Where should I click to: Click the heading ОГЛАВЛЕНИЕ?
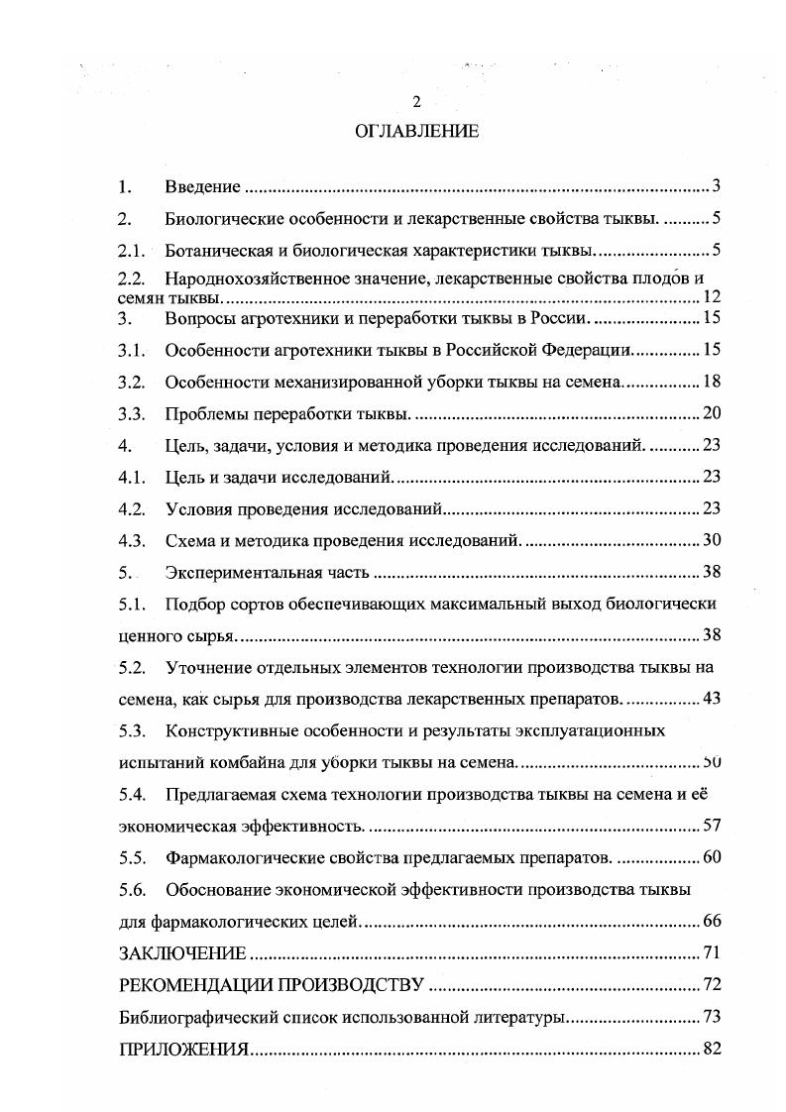(416, 131)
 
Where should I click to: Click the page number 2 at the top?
(416, 102)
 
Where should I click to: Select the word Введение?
(203, 186)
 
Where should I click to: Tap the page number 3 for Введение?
(716, 186)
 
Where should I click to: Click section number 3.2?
(132, 381)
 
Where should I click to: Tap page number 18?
(711, 381)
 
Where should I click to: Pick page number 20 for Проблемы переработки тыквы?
(711, 413)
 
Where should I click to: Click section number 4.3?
(132, 540)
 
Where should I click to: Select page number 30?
(711, 540)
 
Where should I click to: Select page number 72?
(711, 985)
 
